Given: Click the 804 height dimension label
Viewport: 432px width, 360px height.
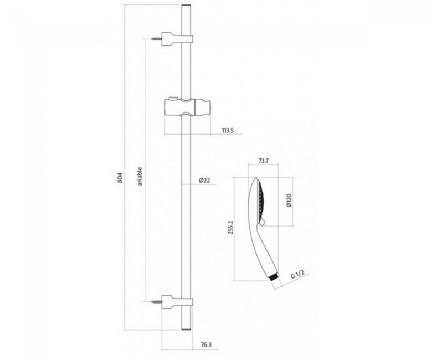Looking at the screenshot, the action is pos(120,178).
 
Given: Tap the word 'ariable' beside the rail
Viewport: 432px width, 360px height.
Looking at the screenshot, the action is pos(140,176).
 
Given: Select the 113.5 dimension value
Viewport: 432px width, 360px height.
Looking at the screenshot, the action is pos(228,131).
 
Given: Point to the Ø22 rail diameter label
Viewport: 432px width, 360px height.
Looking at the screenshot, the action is pos(204,181).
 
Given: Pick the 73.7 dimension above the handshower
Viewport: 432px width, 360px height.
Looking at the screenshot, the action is pos(264,161).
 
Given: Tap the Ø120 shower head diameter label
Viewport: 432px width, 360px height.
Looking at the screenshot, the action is pos(288,200).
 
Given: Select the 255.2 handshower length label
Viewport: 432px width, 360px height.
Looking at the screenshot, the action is pos(231,227).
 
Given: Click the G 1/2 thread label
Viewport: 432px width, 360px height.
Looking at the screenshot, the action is pos(297,274).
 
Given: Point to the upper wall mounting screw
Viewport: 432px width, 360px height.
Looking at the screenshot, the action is pos(156,39).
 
